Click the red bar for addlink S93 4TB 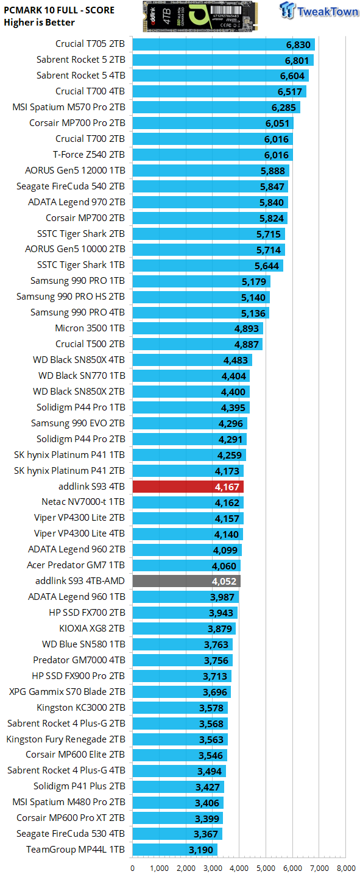(x=188, y=487)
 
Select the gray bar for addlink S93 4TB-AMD (x=186, y=581)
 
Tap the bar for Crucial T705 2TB (x=223, y=44)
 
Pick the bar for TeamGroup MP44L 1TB (x=174, y=850)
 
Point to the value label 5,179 (x=254, y=281)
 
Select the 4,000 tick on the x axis (x=239, y=867)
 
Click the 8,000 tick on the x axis (x=345, y=867)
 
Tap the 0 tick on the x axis (x=132, y=867)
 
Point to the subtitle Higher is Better (x=39, y=23)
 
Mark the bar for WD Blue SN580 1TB (x=182, y=644)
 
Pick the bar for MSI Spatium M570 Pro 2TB (x=216, y=107)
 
